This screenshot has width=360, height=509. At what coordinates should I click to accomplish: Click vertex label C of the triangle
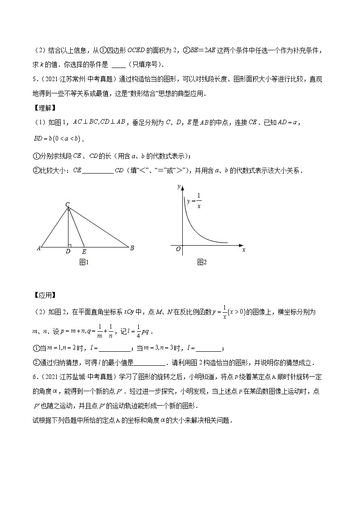click(x=67, y=204)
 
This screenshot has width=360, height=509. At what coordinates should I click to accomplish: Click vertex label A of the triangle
click(x=39, y=248)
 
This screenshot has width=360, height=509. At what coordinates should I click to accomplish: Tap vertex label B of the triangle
click(x=131, y=248)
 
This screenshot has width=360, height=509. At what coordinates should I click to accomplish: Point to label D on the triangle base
click(x=68, y=251)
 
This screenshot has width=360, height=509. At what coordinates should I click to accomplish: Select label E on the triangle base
click(x=84, y=251)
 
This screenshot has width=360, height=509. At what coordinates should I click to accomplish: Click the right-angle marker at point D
click(x=69, y=245)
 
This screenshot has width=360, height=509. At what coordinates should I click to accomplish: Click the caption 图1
click(x=83, y=262)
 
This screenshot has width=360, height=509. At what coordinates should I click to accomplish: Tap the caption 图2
click(x=202, y=262)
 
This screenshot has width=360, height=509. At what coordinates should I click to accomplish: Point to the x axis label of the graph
click(x=243, y=250)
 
